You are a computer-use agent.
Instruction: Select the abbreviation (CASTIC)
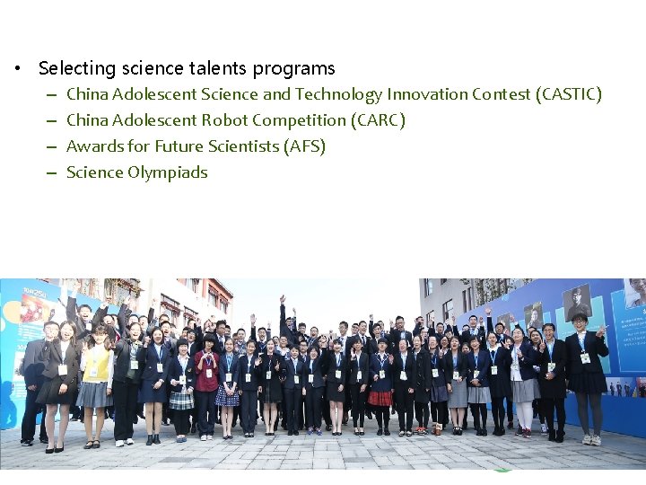(x=568, y=94)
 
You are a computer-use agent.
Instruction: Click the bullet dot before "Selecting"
(x=17, y=69)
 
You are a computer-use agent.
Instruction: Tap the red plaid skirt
(x=380, y=397)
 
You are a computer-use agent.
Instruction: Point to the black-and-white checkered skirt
(x=182, y=399)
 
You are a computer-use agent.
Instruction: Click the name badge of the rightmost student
(x=586, y=357)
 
